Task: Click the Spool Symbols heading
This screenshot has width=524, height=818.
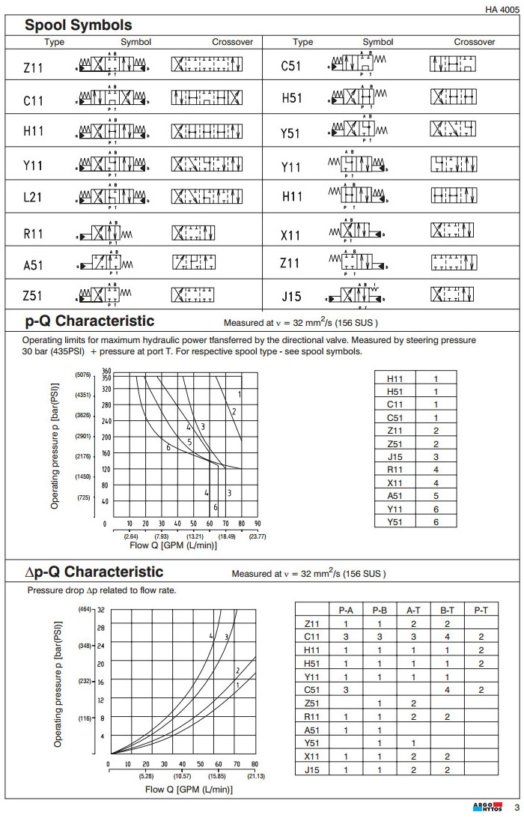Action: click(79, 25)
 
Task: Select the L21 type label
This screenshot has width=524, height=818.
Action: click(34, 198)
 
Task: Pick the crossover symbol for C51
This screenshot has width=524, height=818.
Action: click(452, 65)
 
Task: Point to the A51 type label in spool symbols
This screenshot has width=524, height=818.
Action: click(34, 264)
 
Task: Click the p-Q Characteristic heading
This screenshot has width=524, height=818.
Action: click(90, 321)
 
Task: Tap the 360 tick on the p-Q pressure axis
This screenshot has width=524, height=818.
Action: click(106, 371)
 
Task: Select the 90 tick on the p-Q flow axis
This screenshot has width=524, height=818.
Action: click(257, 524)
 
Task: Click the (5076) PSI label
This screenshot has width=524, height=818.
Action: click(83, 375)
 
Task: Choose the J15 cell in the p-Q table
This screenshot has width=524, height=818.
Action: click(395, 457)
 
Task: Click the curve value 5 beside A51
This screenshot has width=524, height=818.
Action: click(436, 496)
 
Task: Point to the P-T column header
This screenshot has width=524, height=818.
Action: click(481, 611)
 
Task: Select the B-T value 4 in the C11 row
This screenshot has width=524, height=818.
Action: click(448, 637)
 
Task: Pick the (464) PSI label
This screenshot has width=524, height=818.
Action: click(85, 610)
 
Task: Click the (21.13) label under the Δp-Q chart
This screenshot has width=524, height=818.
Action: click(255, 775)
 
